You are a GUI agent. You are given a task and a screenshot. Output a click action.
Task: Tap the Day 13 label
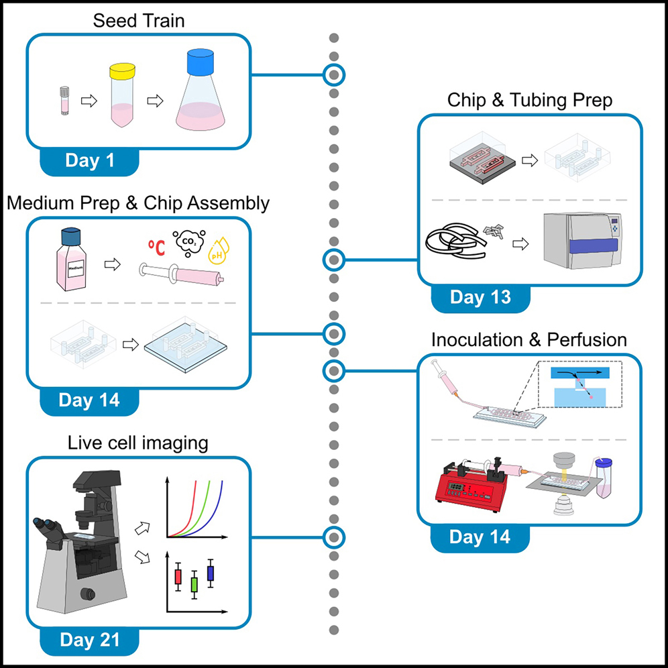(x=480, y=297)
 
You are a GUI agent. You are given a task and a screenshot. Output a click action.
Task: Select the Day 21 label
(x=90, y=639)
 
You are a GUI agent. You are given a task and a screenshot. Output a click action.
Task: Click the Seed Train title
(x=139, y=21)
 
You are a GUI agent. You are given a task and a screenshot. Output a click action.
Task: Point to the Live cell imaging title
(x=137, y=443)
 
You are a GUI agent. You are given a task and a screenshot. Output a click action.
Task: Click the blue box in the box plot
(x=211, y=573)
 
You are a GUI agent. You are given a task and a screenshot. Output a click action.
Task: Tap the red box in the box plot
(x=178, y=576)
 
